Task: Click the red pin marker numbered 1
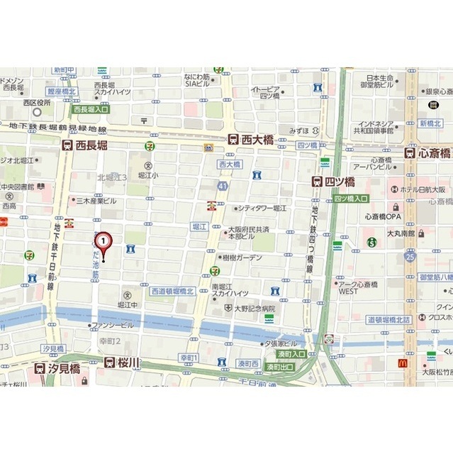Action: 104,243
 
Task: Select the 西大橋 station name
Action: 257,140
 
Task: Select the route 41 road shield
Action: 223,186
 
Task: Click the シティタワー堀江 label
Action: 264,208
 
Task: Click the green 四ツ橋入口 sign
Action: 351,199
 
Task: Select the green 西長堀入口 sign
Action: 91,109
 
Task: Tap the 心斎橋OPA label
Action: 383,216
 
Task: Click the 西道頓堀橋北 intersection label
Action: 172,292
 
